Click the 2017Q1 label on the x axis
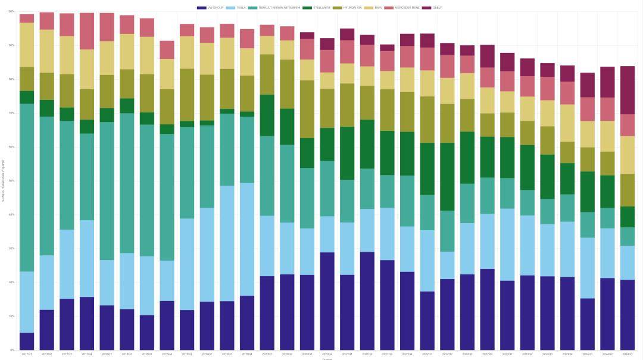27,354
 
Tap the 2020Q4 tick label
327,354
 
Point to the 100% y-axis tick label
11,11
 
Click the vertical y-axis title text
4,181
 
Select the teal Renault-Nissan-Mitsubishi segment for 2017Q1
27,187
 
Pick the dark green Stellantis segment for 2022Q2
448,177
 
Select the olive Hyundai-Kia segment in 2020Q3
307,109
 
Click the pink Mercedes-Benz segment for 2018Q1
107,27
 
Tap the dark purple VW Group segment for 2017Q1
27,341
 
